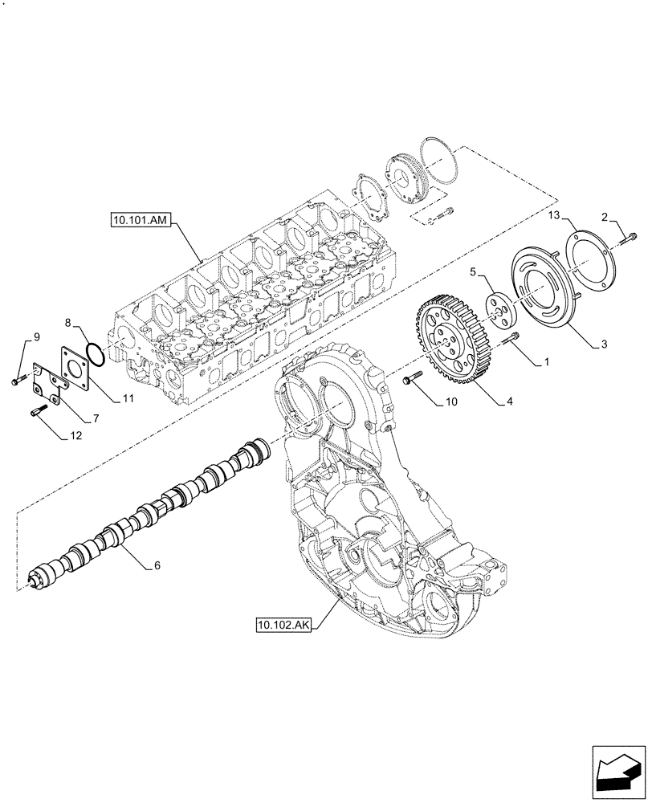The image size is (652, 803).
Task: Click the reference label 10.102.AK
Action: click(x=283, y=622)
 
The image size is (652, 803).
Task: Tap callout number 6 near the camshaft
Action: click(x=157, y=565)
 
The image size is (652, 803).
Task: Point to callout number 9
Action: click(x=35, y=335)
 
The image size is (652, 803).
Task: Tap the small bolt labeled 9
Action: click(x=17, y=381)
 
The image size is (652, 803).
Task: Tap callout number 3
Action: click(x=604, y=344)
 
